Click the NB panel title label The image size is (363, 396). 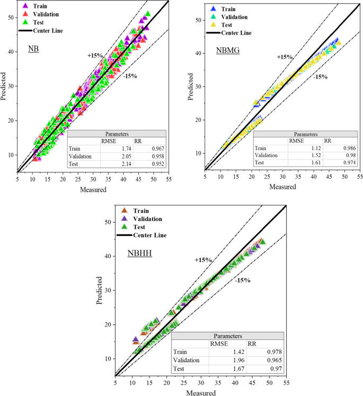pyautogui.click(x=33, y=50)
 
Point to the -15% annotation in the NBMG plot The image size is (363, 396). pyautogui.click(x=320, y=77)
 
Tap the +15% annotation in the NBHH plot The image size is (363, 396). pyautogui.click(x=203, y=260)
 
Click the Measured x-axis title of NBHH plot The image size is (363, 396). pyautogui.click(x=201, y=393)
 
